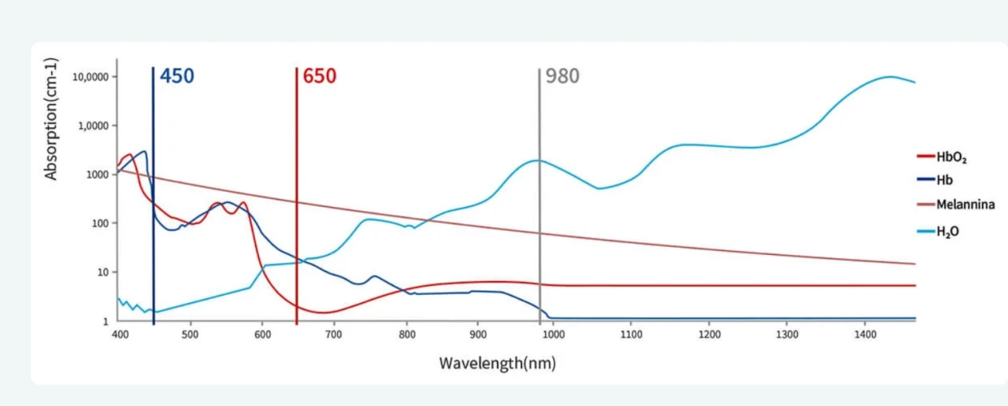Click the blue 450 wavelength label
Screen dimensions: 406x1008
[176, 76]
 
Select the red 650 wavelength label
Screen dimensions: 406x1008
[319, 76]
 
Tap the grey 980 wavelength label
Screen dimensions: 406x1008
[562, 76]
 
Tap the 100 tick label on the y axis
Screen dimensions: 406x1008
[99, 223]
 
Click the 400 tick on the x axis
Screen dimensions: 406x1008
[120, 334]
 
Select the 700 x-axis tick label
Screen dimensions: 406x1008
[334, 334]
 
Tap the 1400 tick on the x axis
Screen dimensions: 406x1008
[865, 334]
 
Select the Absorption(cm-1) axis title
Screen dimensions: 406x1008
[52, 119]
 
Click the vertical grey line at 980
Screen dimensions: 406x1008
[539, 197]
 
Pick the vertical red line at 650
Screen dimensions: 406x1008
[297, 197]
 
